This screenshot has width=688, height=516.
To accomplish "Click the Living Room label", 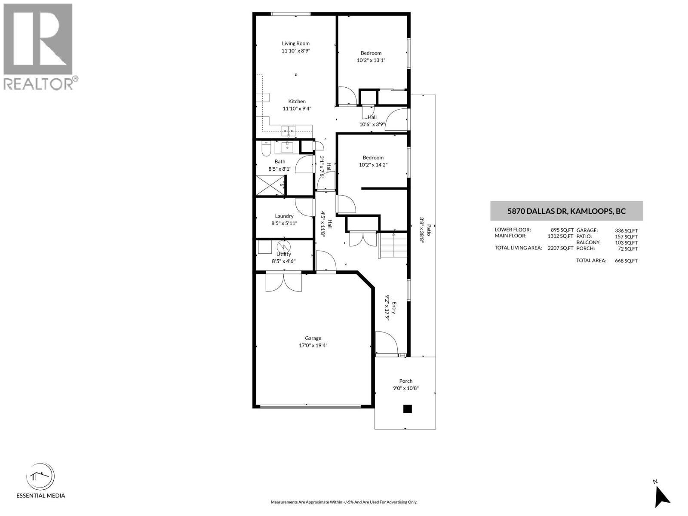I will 295,43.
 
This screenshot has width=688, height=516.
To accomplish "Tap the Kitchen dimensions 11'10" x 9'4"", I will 297,109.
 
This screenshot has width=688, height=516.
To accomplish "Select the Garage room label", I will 313,338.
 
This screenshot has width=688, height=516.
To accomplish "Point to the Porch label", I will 405,381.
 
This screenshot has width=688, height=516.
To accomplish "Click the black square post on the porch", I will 407,409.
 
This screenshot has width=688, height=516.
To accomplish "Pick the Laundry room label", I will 284,216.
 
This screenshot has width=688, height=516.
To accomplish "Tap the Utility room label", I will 284,254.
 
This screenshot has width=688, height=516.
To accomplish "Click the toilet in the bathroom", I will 266,148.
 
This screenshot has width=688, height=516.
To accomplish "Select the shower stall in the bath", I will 271,186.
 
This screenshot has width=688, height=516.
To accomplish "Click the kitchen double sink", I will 288,129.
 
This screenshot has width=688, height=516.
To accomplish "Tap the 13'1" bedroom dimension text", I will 371,60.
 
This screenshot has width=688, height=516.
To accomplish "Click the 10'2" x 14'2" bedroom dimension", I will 373,165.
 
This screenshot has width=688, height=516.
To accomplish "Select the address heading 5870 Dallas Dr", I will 566,211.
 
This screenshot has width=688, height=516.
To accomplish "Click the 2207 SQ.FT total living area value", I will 560,248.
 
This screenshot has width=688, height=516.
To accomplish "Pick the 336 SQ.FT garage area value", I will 626,230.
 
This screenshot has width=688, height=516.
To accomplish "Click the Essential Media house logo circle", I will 40,476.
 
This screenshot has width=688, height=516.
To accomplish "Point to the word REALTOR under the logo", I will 39,83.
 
